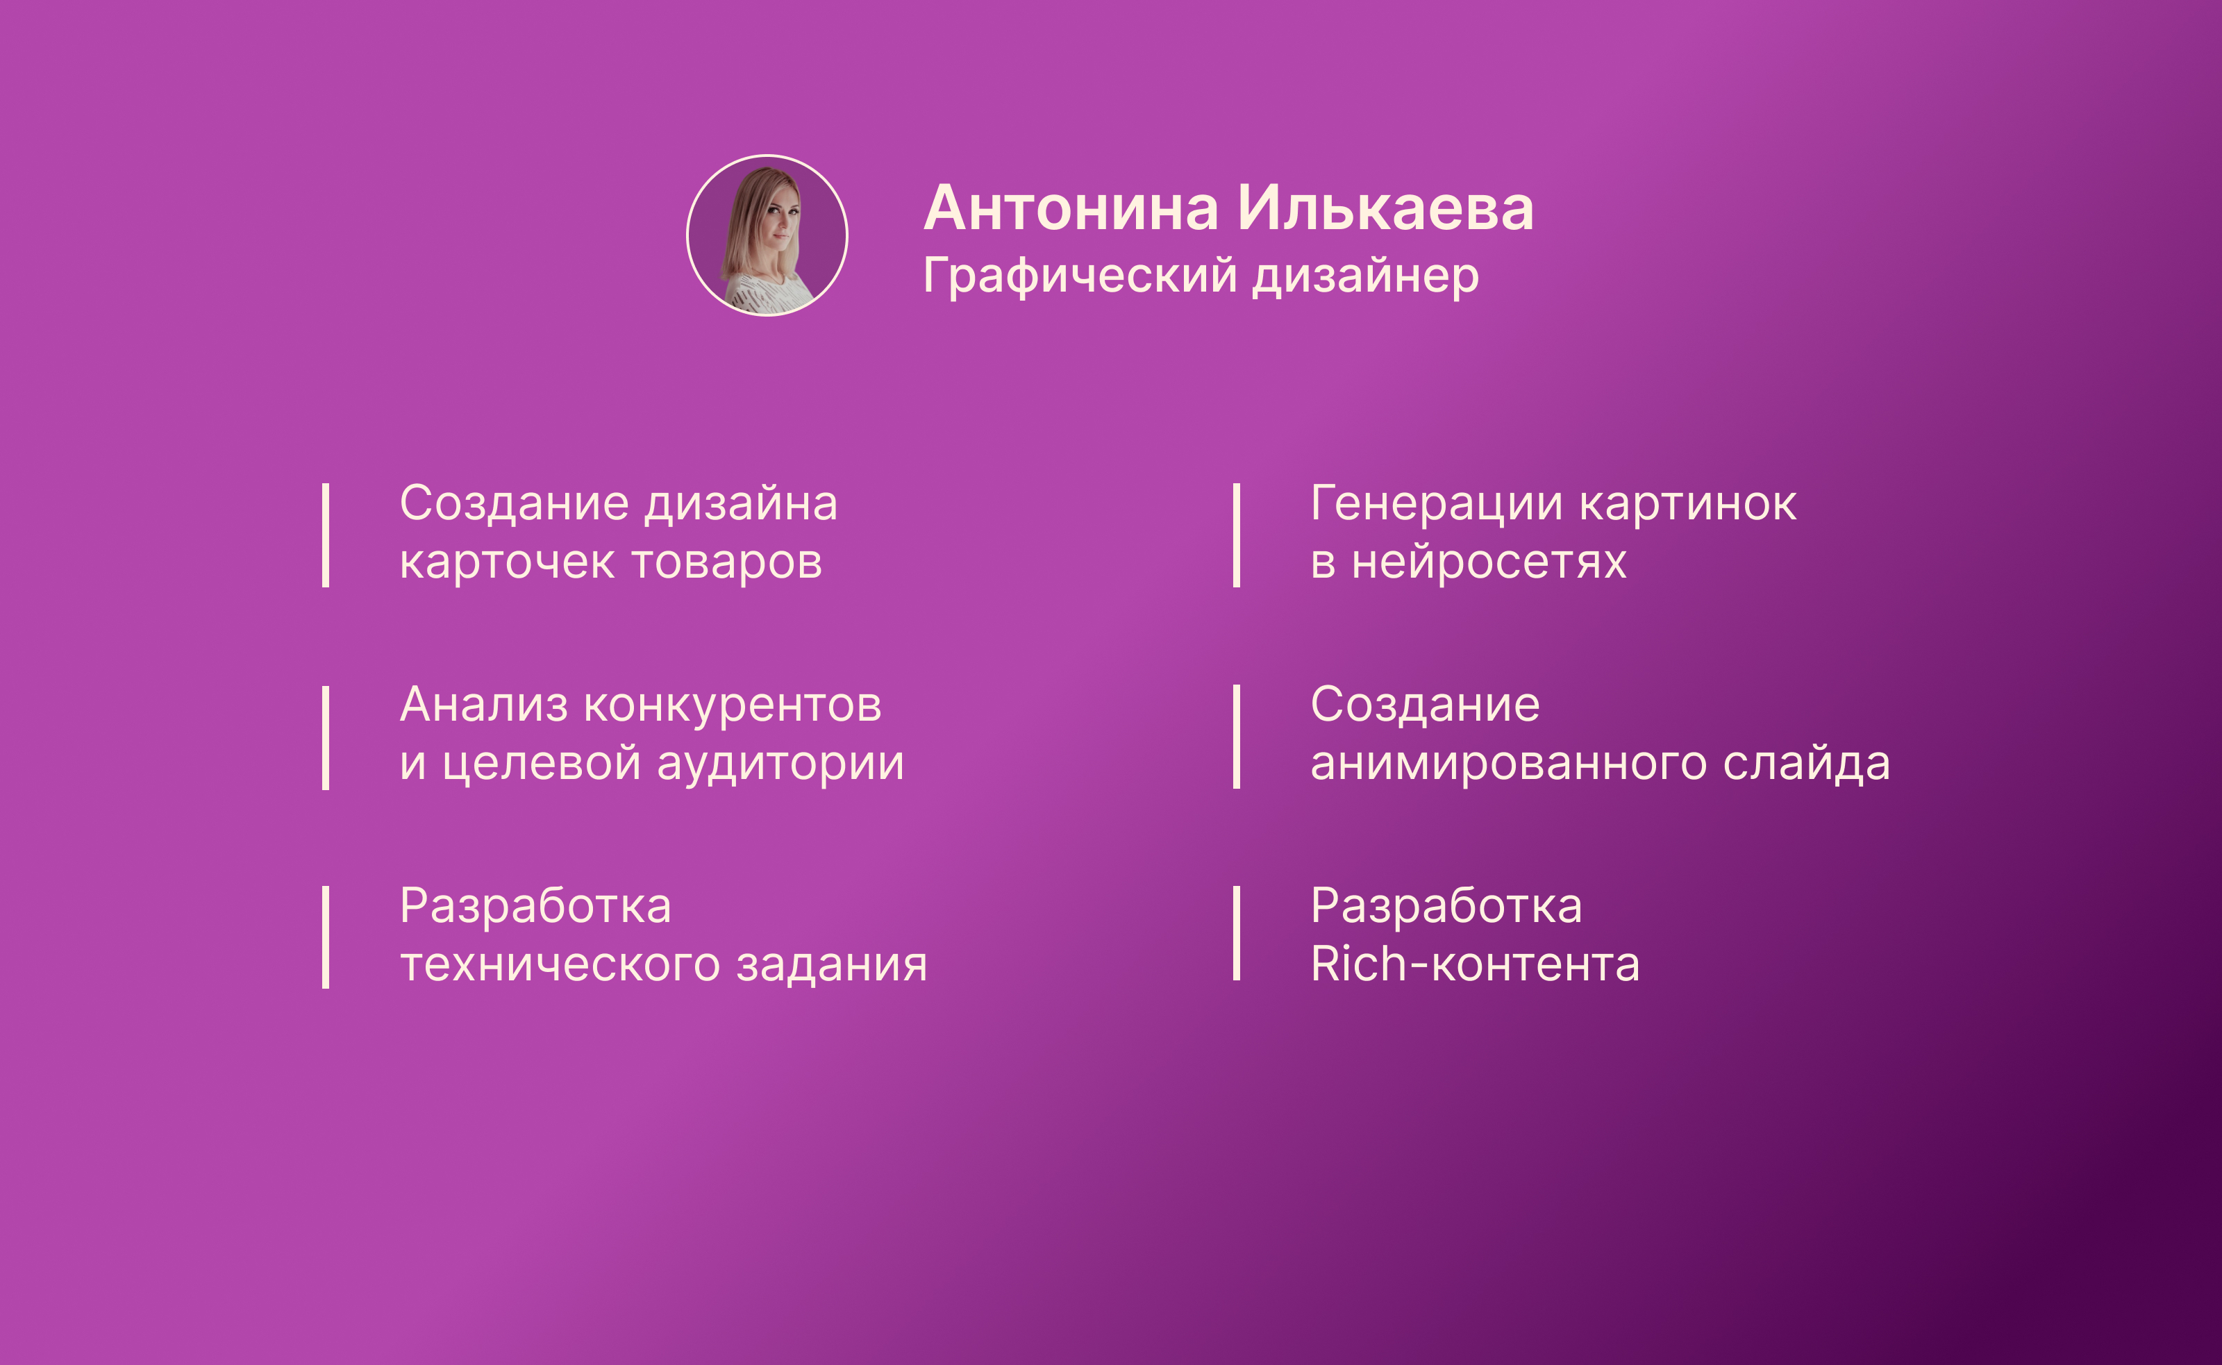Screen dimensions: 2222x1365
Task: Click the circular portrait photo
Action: click(x=767, y=235)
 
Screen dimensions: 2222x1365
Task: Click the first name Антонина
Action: click(x=1071, y=208)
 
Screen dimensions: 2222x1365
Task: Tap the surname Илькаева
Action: click(x=1385, y=208)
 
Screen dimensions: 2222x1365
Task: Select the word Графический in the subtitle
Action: click(x=1080, y=276)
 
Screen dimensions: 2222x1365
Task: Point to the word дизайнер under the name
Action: click(x=1365, y=276)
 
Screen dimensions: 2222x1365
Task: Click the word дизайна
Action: click(x=740, y=504)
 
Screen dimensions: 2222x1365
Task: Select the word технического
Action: click(x=560, y=965)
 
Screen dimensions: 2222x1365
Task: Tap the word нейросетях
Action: click(x=1489, y=562)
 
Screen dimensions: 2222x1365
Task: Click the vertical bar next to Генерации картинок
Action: click(x=1236, y=535)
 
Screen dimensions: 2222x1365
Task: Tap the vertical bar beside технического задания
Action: click(x=325, y=937)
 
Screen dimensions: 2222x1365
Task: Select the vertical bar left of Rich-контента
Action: click(x=1236, y=933)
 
